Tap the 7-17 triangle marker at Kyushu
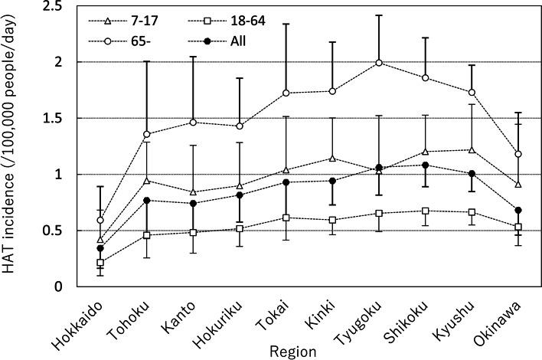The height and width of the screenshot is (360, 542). coord(473,149)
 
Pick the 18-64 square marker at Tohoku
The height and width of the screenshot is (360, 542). coord(147,235)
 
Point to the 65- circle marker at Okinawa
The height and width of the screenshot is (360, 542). coord(519,154)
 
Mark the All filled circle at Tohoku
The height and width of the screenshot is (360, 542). coord(147,200)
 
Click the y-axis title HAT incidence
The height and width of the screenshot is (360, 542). coord(11,146)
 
